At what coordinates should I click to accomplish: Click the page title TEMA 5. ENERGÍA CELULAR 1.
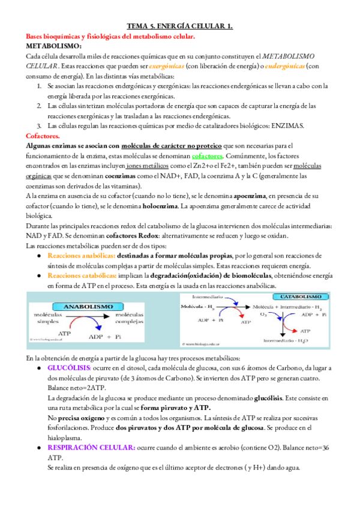(180, 26)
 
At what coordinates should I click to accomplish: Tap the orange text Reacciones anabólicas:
(81, 256)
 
